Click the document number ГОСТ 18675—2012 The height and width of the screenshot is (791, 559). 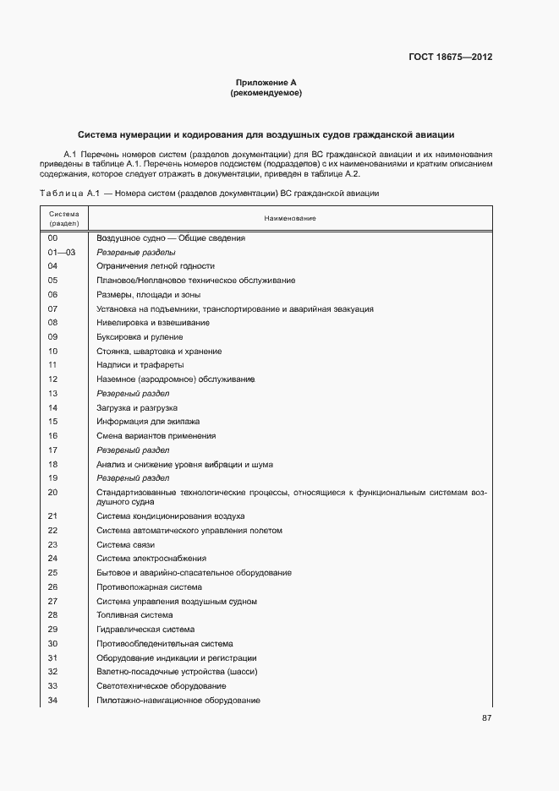coord(451,57)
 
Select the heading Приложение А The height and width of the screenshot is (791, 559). coord(266,83)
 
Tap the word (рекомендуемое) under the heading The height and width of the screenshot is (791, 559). coord(266,93)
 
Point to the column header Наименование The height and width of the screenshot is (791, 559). coord(289,219)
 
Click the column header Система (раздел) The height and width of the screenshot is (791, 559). coord(63,219)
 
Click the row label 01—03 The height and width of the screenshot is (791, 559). coord(61,253)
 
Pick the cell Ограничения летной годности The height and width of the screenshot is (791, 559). coord(149,266)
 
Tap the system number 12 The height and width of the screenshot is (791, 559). coord(52,379)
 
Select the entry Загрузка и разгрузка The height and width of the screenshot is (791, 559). coord(136,407)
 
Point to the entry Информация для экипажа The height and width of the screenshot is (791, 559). coord(141,422)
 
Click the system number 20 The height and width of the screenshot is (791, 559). coord(52,492)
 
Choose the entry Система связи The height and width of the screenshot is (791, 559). coord(125,545)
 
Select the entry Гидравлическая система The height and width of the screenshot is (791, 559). coord(145,630)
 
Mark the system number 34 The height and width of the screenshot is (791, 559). coord(52,701)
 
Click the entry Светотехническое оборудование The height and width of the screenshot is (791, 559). coord(161,686)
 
